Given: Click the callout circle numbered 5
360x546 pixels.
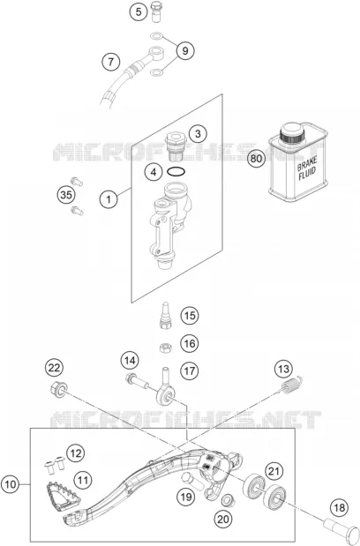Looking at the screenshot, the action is pos(139,12).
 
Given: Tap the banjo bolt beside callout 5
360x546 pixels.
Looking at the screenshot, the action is pos(156,12).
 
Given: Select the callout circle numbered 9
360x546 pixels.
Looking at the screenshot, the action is pos(185,51).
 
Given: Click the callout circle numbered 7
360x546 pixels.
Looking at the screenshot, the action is pos(110,62).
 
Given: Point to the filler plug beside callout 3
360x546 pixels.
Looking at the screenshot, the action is pos(177,147).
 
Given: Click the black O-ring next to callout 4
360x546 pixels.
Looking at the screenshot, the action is pos(176,171).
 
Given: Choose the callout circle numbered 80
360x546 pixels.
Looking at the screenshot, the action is pos(256,159).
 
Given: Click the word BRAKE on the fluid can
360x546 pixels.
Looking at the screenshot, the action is pos(307,164).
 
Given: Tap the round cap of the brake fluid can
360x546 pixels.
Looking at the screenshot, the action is pos(293,132).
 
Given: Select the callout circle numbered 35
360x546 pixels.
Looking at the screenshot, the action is pos(66,195).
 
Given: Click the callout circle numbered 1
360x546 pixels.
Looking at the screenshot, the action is pos(109,199).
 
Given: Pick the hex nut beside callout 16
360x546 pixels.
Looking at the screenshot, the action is pos(165,348).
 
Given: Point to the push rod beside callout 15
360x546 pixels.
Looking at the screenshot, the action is pos(165,315).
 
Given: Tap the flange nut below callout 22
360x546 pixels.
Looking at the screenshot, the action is pos(59,389).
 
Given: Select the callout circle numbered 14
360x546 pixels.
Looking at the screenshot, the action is pos(130,361).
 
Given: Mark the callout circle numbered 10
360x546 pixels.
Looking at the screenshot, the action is pos(11,484).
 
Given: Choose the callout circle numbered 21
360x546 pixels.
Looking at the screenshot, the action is pos(274,471).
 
